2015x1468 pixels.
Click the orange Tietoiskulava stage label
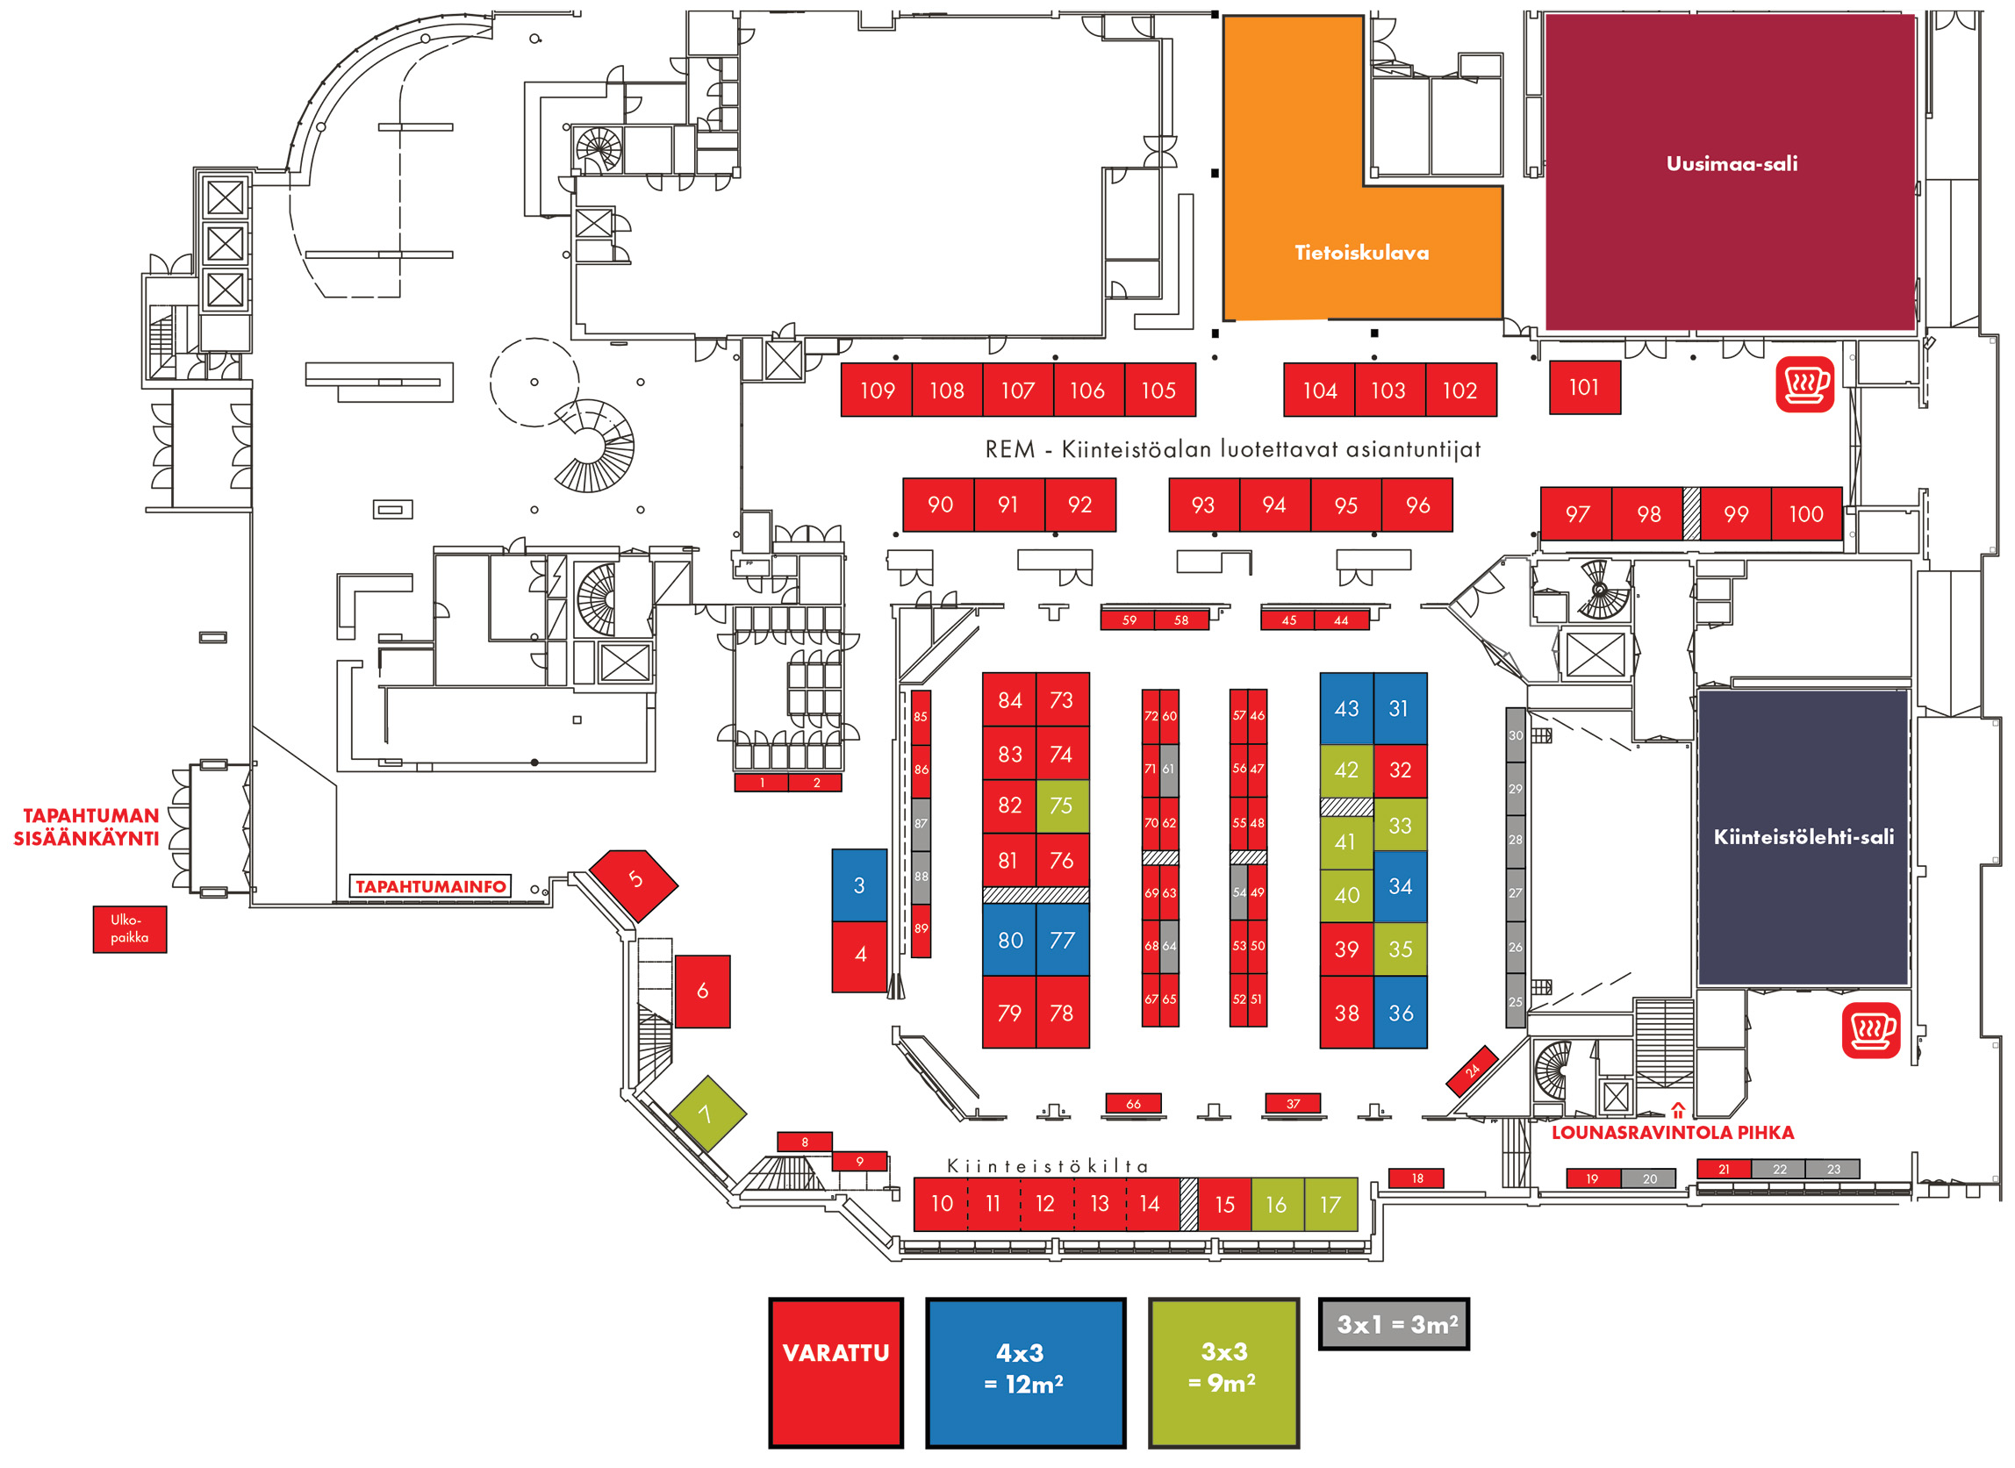1361,254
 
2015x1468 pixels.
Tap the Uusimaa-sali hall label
1731,164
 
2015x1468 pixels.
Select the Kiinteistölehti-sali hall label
1803,837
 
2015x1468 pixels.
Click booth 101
1584,388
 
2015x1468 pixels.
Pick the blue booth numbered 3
858,885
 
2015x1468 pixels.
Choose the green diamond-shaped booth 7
706,1114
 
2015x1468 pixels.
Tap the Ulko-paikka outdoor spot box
130,928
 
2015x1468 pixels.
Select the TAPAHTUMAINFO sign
430,887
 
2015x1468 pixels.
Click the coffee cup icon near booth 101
1804,385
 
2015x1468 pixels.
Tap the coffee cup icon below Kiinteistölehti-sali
1870,1031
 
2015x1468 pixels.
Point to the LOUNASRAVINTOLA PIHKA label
1672,1133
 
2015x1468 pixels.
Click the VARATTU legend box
835,1371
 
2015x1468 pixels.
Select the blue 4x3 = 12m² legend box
1025,1371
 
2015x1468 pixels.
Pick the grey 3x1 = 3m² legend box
1393,1324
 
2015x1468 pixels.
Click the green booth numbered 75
1061,806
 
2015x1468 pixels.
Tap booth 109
877,390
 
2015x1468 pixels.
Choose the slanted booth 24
1472,1070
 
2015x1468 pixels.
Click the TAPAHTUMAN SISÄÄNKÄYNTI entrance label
86,827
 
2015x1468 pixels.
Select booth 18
1416,1178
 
